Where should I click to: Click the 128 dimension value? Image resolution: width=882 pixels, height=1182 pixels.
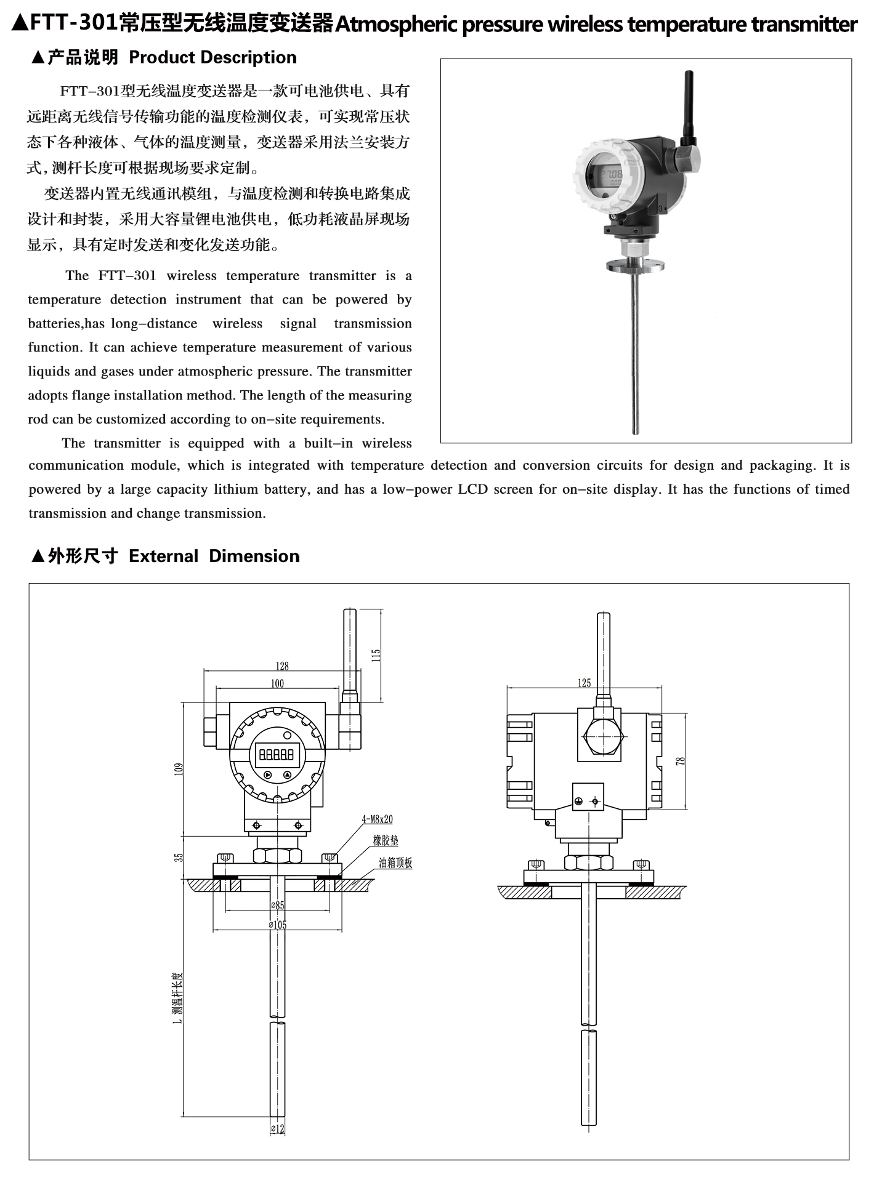(282, 665)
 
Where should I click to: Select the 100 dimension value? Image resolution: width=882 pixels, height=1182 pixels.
(277, 683)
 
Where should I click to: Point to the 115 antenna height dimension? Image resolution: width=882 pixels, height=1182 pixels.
(376, 655)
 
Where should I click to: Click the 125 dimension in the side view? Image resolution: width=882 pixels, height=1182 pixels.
(584, 682)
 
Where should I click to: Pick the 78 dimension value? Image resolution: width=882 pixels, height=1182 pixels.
(681, 761)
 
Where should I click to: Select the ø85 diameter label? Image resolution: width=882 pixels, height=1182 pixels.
(278, 905)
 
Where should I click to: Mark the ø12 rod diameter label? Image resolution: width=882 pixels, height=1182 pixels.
(278, 1129)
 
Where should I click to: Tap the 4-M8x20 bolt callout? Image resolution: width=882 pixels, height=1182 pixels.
(377, 819)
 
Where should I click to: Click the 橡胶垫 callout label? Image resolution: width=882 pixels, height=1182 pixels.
(386, 840)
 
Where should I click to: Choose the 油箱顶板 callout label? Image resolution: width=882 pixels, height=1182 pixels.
(395, 862)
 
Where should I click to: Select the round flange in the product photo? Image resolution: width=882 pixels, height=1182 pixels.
(634, 266)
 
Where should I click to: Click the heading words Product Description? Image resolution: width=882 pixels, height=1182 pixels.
(212, 57)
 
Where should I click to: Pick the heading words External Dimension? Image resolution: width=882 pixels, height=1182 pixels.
(214, 556)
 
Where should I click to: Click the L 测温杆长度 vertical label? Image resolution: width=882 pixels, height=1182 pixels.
(178, 997)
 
